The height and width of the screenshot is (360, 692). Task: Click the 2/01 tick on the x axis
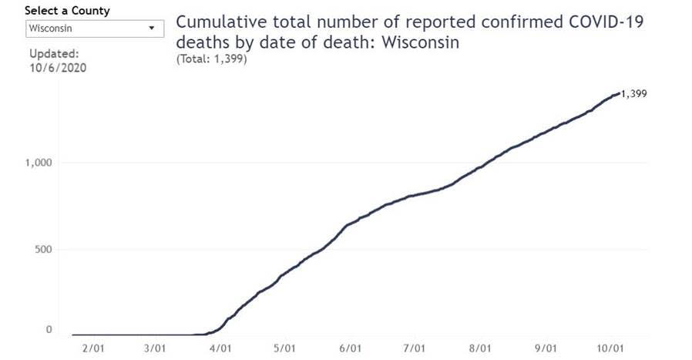point(92,348)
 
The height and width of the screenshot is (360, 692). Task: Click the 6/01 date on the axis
point(351,348)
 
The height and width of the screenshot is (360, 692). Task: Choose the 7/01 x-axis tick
point(415,348)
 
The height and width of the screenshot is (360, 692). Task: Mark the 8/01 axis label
point(480,348)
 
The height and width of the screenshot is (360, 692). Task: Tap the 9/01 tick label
point(546,348)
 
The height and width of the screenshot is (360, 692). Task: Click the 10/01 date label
point(610,348)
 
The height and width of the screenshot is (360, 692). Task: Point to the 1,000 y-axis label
point(38,163)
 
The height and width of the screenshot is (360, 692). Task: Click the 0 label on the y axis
point(49,330)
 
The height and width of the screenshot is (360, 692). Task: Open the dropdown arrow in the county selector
point(150,29)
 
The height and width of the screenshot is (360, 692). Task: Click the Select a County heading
point(67,11)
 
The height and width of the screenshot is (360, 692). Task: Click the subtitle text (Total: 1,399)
point(211,59)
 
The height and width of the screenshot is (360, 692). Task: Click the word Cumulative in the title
point(217,22)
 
